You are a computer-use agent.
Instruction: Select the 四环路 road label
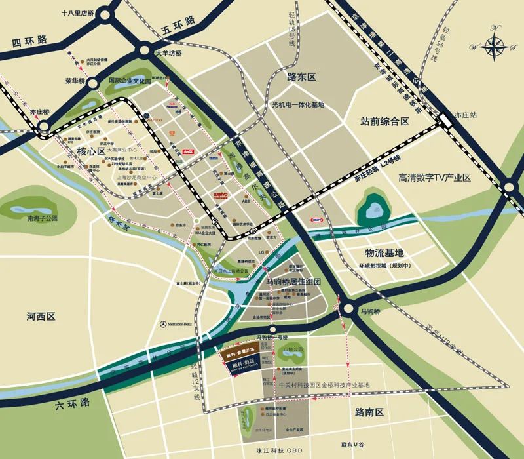pos(30,42)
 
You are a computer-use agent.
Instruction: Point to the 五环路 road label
pos(178,24)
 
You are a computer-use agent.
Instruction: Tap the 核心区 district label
pos(91,151)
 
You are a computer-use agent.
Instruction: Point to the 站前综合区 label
pos(384,121)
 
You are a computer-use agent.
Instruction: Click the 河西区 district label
pos(41,316)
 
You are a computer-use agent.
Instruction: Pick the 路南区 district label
pos(368,412)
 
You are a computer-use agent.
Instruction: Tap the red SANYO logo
pos(219,195)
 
